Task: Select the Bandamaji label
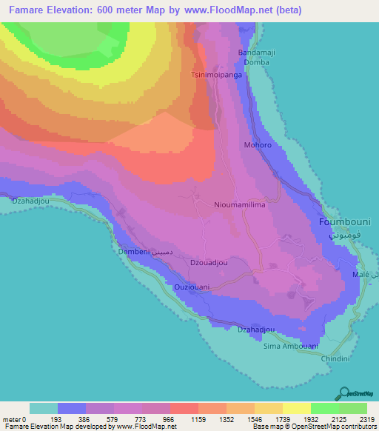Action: point(256,53)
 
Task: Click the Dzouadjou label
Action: point(209,262)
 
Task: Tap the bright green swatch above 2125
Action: point(324,408)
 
